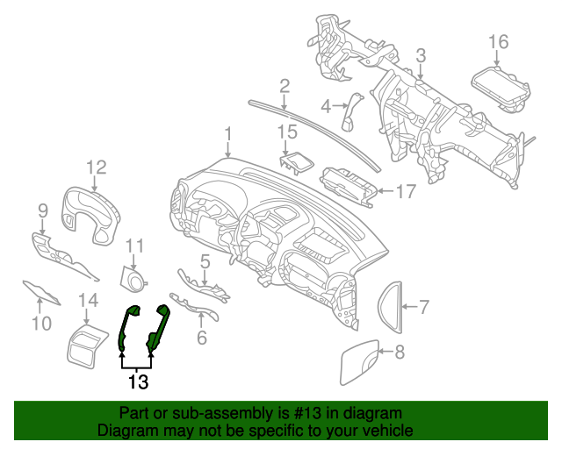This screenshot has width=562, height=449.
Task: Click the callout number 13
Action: (x=138, y=382)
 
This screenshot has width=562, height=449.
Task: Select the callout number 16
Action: (x=498, y=42)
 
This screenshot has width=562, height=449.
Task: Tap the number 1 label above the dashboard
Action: (x=227, y=133)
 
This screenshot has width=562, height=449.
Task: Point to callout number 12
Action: (x=96, y=167)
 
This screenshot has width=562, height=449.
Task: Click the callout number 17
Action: (x=406, y=190)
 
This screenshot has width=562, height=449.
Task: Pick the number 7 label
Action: (x=423, y=308)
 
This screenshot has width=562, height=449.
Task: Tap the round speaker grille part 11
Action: (x=133, y=280)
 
